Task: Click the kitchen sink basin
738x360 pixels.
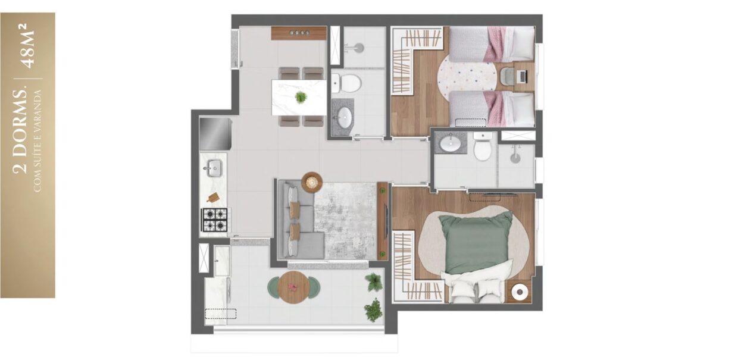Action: coord(214,168)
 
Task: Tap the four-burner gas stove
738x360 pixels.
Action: coord(215,220)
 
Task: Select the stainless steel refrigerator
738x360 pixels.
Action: coord(215,134)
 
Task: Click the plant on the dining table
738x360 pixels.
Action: coord(301,97)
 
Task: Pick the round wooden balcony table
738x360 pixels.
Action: coord(293,287)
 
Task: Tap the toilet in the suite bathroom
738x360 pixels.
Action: coord(483,146)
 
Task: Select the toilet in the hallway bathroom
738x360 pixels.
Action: coord(346,83)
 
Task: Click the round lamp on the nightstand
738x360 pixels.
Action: coord(520,292)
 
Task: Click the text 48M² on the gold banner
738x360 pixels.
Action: coord(29,46)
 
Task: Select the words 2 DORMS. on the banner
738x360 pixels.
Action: coord(20,131)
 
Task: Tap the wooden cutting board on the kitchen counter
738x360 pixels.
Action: coord(213,197)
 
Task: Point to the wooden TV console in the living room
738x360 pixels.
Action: coord(383,221)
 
